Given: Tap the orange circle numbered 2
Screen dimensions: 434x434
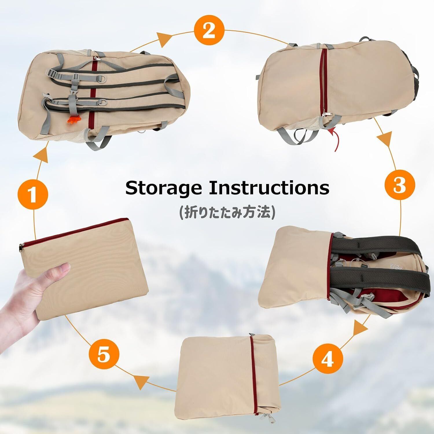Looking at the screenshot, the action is [x=209, y=31].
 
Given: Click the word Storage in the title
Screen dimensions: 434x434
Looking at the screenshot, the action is [x=163, y=188].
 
